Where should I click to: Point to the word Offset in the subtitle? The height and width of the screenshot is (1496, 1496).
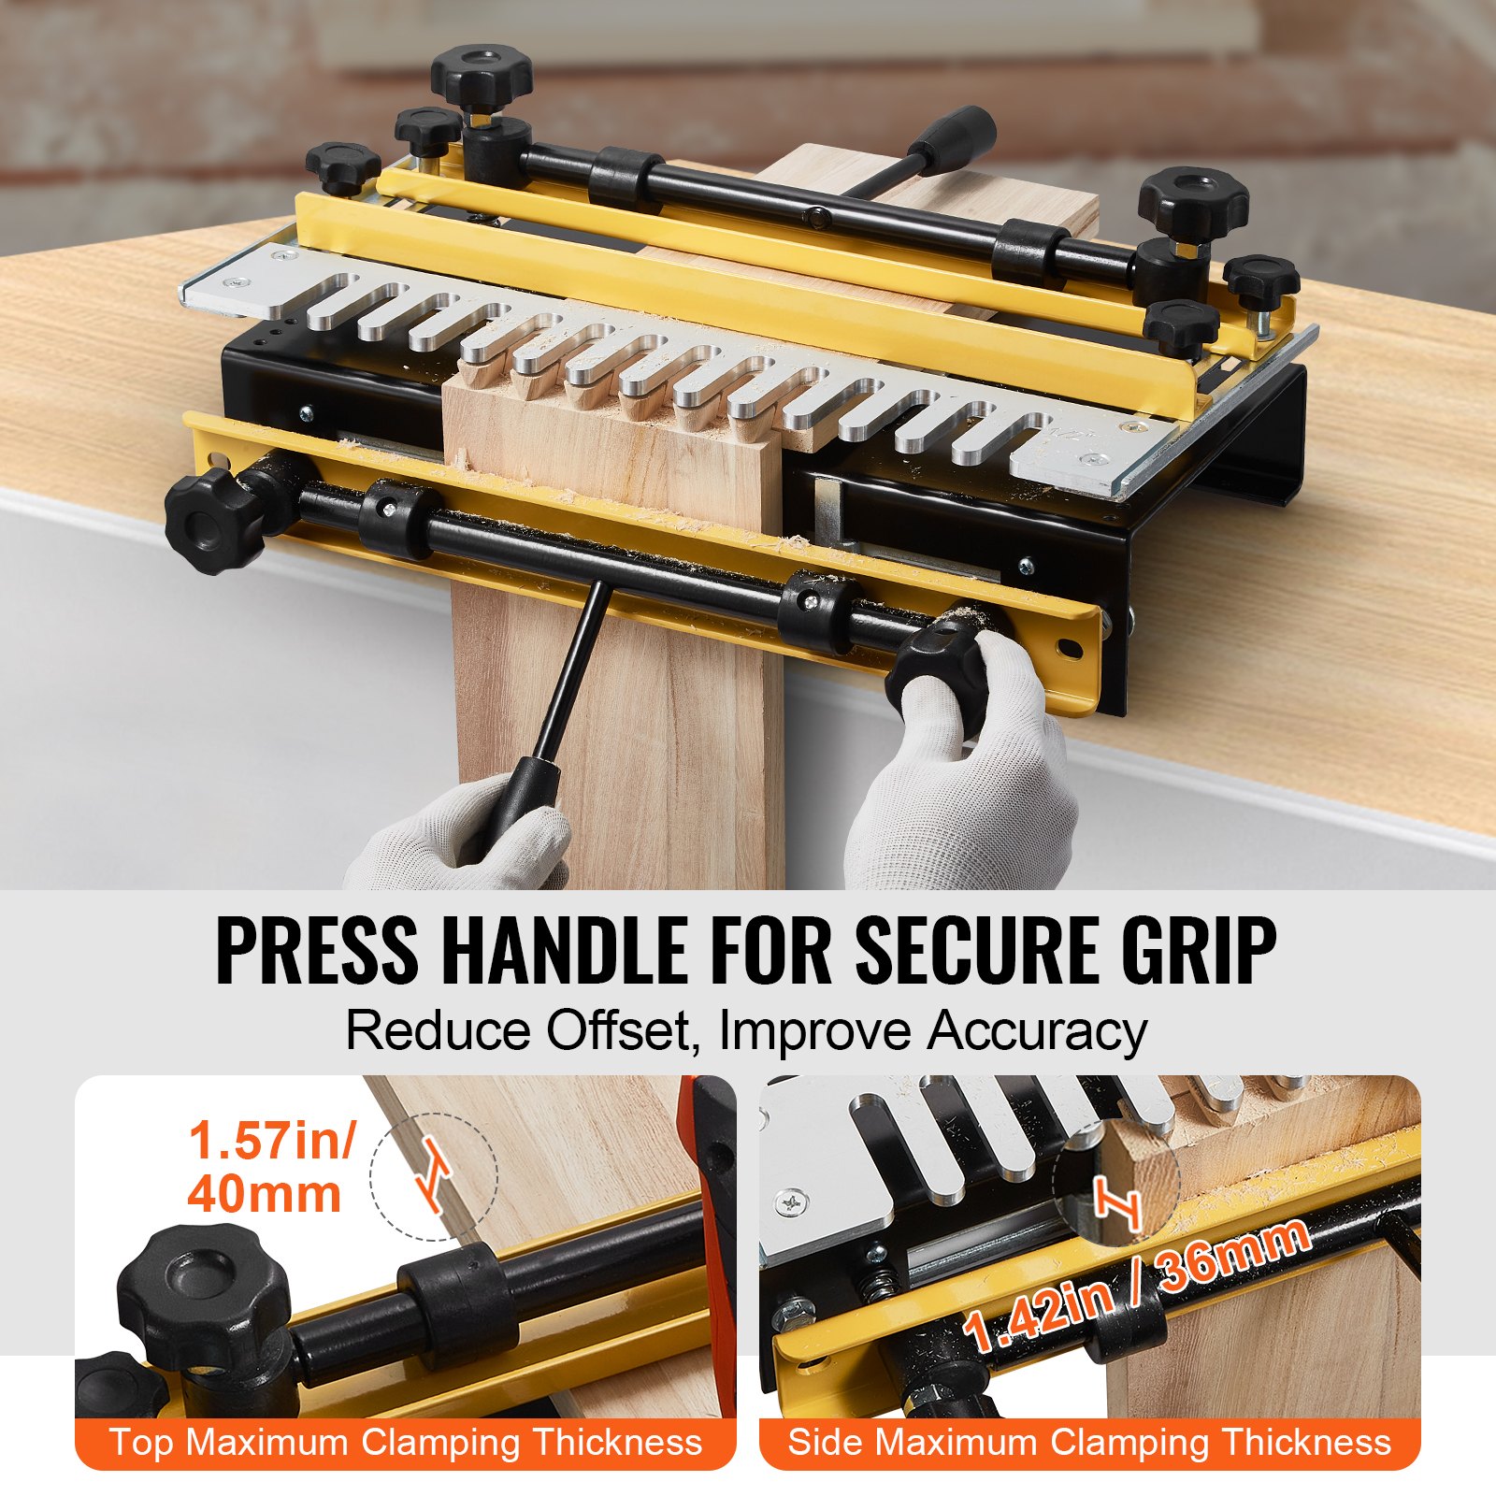(x=618, y=1030)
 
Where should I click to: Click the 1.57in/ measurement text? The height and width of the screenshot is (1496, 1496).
(x=271, y=1141)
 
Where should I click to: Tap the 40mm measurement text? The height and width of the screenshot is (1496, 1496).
(x=265, y=1195)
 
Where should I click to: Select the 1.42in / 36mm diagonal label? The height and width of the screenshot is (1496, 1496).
(x=1136, y=1285)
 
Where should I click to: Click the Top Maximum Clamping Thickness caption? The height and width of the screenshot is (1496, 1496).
(x=405, y=1443)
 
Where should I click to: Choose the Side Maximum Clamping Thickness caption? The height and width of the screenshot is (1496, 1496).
(x=1089, y=1443)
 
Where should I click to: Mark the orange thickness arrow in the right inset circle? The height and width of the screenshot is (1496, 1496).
(x=1117, y=1203)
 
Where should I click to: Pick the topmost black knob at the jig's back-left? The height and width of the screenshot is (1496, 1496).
(x=482, y=75)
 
